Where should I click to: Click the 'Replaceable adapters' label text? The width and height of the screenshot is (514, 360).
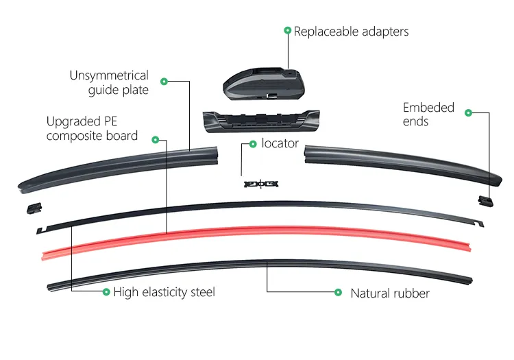coord(351,32)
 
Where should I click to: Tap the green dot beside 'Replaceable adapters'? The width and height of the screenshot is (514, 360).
coord(287,31)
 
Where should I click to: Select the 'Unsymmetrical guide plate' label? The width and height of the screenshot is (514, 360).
coord(109,82)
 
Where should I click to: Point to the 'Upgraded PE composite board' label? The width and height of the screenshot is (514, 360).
coord(92,128)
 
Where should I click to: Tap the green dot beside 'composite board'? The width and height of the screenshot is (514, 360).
coord(156,139)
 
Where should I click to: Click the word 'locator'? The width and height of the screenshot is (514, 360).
coord(280,143)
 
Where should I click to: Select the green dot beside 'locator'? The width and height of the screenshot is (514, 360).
coord(253,143)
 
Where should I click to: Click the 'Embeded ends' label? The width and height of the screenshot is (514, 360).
coord(428,115)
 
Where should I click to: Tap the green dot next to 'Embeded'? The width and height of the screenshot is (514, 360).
coord(469,112)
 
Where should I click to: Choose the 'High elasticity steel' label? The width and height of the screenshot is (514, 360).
coord(164,292)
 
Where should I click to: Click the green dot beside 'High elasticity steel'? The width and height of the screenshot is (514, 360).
coord(106,292)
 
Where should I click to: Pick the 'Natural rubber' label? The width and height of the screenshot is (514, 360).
coord(390,293)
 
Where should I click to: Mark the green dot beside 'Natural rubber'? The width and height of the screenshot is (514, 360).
coord(338,292)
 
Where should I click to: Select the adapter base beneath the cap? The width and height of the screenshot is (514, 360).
coord(261,121)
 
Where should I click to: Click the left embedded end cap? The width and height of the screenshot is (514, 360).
coord(31,206)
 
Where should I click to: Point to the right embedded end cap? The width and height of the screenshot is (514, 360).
coord(486,199)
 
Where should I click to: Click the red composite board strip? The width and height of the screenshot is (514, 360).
coord(254,235)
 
